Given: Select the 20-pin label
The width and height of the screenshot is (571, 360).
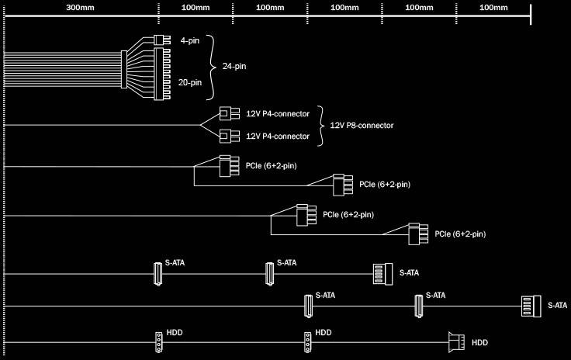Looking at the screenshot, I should point(189,81).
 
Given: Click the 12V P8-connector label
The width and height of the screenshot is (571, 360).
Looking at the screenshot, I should point(362,125).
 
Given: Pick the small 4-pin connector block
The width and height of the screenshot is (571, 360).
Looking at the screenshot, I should point(161,40).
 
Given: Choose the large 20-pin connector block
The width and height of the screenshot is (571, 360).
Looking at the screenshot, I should point(162,74).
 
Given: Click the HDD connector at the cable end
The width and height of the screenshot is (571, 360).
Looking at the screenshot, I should point(458,341).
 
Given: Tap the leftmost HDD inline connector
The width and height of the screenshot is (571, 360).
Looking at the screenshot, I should point(158,341).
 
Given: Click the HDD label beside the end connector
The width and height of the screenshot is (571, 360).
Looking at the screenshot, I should point(480,342).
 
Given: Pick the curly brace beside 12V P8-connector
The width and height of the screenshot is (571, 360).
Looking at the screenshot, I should point(322,125).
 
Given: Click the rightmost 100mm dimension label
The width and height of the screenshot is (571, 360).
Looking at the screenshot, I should point(493,8).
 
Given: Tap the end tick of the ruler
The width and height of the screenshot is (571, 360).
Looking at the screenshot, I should point(530,11).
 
